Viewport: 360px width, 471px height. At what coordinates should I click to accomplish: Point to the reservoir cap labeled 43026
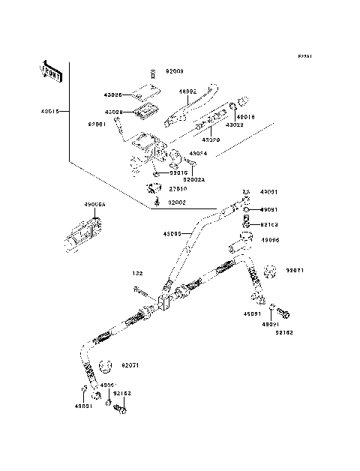(x=141, y=94)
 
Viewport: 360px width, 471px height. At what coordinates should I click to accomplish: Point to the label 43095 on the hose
(x=173, y=233)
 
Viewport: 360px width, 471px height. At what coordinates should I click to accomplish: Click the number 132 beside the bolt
(x=137, y=274)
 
